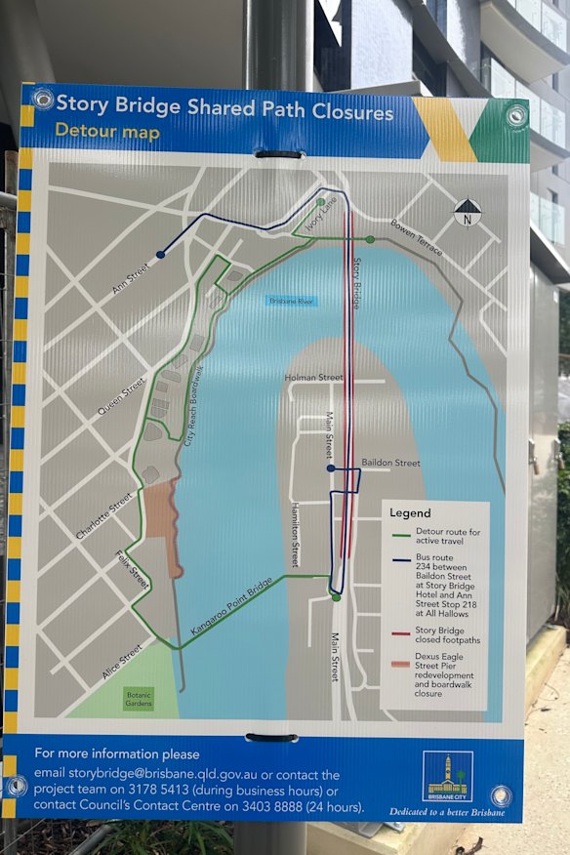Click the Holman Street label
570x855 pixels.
314,377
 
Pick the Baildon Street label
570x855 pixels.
390,463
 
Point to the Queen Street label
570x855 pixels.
121,398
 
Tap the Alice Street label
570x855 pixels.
121,660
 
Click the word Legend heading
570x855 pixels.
410,512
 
